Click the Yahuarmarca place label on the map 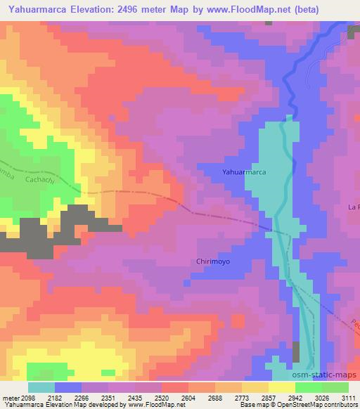click(243, 171)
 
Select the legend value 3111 click(347, 397)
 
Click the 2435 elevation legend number click(134, 397)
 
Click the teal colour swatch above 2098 click(41, 387)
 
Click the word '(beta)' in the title click(333, 9)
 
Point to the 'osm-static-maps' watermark click(333, 377)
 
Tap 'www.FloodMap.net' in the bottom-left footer click(154, 405)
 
